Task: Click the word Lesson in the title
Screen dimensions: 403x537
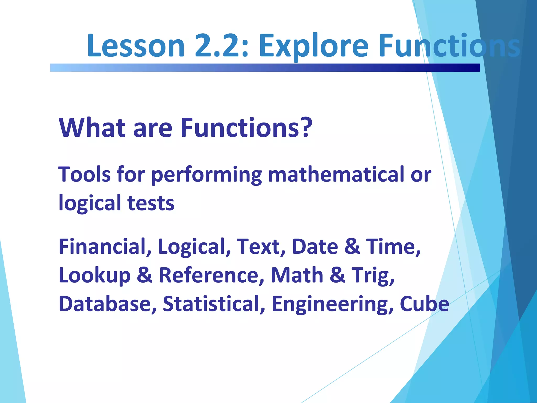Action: pyautogui.click(x=136, y=46)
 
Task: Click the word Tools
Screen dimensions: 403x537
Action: pyautogui.click(x=84, y=174)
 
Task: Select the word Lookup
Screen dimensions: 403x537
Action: pyautogui.click(x=94, y=275)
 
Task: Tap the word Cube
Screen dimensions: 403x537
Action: pyautogui.click(x=424, y=304)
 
